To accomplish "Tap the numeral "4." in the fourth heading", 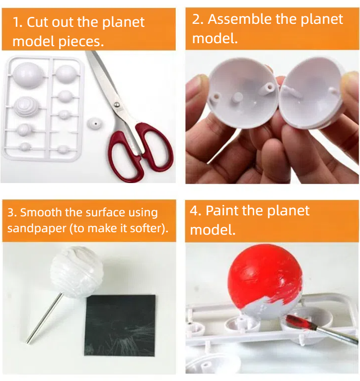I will (196, 210).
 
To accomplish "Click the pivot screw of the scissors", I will (116, 105).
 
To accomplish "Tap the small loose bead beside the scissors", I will (93, 122).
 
